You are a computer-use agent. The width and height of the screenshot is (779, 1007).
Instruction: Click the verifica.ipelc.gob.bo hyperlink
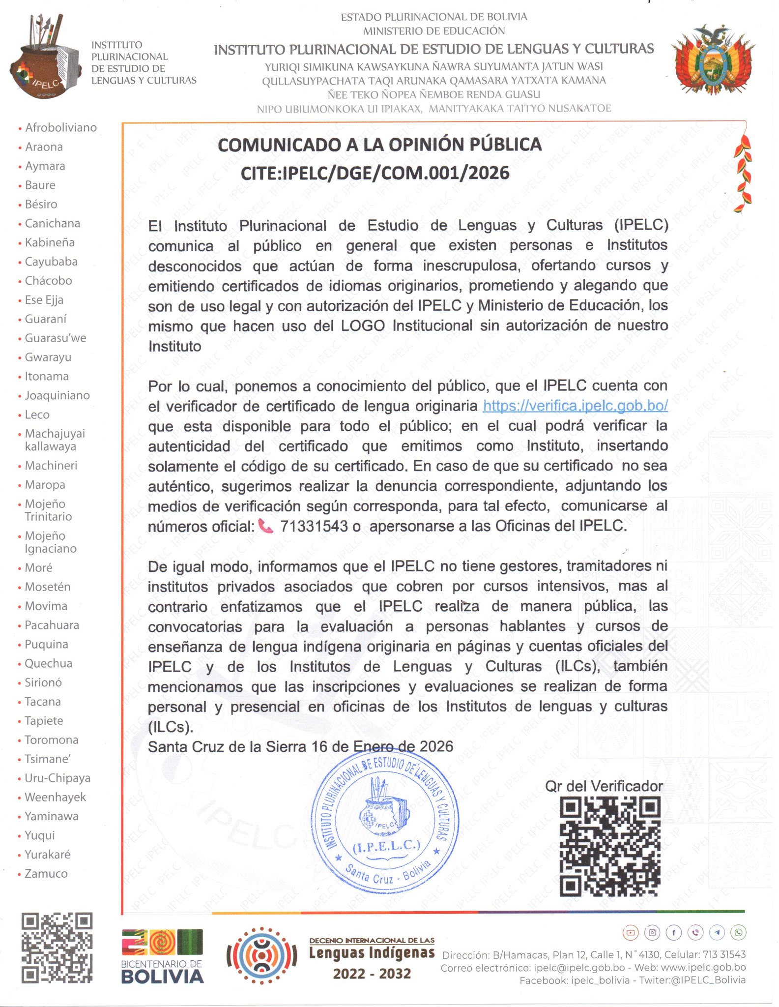pyautogui.click(x=575, y=406)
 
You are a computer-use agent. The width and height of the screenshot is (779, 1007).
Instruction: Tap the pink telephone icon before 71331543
pyautogui.click(x=265, y=527)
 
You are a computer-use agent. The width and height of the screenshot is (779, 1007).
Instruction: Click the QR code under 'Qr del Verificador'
pyautogui.click(x=610, y=846)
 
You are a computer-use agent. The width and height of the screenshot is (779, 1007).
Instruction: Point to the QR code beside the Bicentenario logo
pyautogui.click(x=57, y=948)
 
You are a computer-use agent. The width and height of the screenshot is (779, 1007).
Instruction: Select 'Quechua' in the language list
pyautogui.click(x=48, y=663)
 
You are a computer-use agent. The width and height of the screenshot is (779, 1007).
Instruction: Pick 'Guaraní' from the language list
pyautogui.click(x=45, y=319)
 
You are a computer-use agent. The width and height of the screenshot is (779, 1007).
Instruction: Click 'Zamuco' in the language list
pyautogui.click(x=46, y=874)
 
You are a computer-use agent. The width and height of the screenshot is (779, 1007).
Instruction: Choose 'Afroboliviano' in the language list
pyautogui.click(x=61, y=128)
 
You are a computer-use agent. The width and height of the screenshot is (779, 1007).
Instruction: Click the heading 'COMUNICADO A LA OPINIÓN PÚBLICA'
pyautogui.click(x=379, y=145)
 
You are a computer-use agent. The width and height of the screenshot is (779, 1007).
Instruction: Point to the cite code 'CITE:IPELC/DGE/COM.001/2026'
pyautogui.click(x=375, y=173)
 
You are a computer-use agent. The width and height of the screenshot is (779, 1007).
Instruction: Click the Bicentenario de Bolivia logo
pyautogui.click(x=162, y=956)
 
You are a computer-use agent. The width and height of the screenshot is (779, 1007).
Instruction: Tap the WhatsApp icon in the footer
pyautogui.click(x=738, y=932)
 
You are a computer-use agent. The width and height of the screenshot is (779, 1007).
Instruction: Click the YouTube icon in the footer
pyautogui.click(x=630, y=932)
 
